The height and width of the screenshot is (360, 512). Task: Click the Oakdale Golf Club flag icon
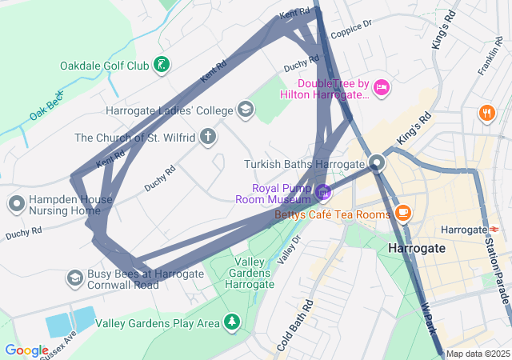pyautogui.click(x=162, y=65)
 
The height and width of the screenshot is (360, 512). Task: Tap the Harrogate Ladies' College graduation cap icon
pyautogui.click(x=245, y=110)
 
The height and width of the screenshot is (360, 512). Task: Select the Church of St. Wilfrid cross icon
pyautogui.click(x=208, y=137)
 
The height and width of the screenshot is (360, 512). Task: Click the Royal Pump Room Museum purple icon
pyautogui.click(x=322, y=192)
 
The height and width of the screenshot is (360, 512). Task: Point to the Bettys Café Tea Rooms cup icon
pyautogui.click(x=402, y=213)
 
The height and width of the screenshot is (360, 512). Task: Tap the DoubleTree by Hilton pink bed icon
pyautogui.click(x=382, y=87)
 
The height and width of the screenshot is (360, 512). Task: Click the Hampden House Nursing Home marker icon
pyautogui.click(x=16, y=203)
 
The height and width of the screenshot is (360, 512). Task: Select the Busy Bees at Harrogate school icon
pyautogui.click(x=74, y=277)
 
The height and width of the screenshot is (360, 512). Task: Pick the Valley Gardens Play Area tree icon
pyautogui.click(x=232, y=322)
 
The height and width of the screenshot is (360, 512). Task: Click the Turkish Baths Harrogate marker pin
pyautogui.click(x=378, y=164)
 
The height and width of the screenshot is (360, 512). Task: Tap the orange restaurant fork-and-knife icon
pyautogui.click(x=486, y=113)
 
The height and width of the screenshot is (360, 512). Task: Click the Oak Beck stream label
pyautogui.click(x=46, y=106)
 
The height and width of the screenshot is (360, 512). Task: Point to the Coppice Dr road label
pyautogui.click(x=352, y=28)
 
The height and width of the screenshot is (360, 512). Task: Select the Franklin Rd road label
pyautogui.click(x=490, y=60)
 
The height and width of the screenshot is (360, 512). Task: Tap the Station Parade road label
pyautogui.click(x=497, y=263)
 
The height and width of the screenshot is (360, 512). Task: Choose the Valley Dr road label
pyautogui.click(x=288, y=250)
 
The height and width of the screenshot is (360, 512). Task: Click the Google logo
pyautogui.click(x=26, y=350)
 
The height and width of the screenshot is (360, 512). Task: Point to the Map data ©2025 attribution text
pyautogui.click(x=478, y=354)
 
